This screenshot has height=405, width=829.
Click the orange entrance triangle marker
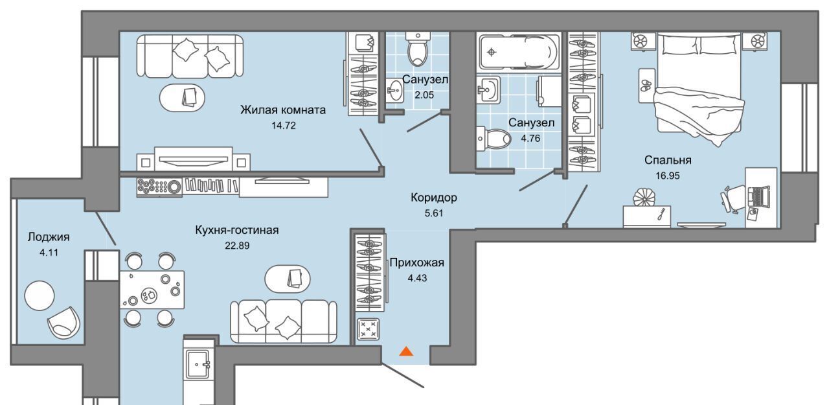tap(406, 351)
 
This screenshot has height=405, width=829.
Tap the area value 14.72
tap(284, 126)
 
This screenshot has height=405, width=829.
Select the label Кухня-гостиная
tap(237, 230)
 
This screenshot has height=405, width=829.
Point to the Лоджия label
tap(49, 237)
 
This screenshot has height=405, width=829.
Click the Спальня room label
tap(668, 160)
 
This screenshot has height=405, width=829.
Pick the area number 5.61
tap(434, 213)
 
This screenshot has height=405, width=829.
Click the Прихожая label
tap(416, 262)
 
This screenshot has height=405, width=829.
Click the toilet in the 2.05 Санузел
tap(418, 49)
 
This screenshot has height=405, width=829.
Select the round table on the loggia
tap(40, 295)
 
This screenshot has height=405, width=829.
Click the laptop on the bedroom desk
tap(758, 196)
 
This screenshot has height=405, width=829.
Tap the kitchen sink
tap(198, 364)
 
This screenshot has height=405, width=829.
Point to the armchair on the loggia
tap(63, 322)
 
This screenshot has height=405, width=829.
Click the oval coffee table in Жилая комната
tap(182, 97)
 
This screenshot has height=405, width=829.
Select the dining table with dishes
tap(152, 290)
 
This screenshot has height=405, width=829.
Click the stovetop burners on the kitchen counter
tap(159, 187)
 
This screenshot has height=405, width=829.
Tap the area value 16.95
tap(668, 176)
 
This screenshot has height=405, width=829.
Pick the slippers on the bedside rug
tap(646, 86)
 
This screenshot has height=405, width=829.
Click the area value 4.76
tap(530, 138)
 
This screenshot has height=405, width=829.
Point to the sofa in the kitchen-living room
tap(284, 321)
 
